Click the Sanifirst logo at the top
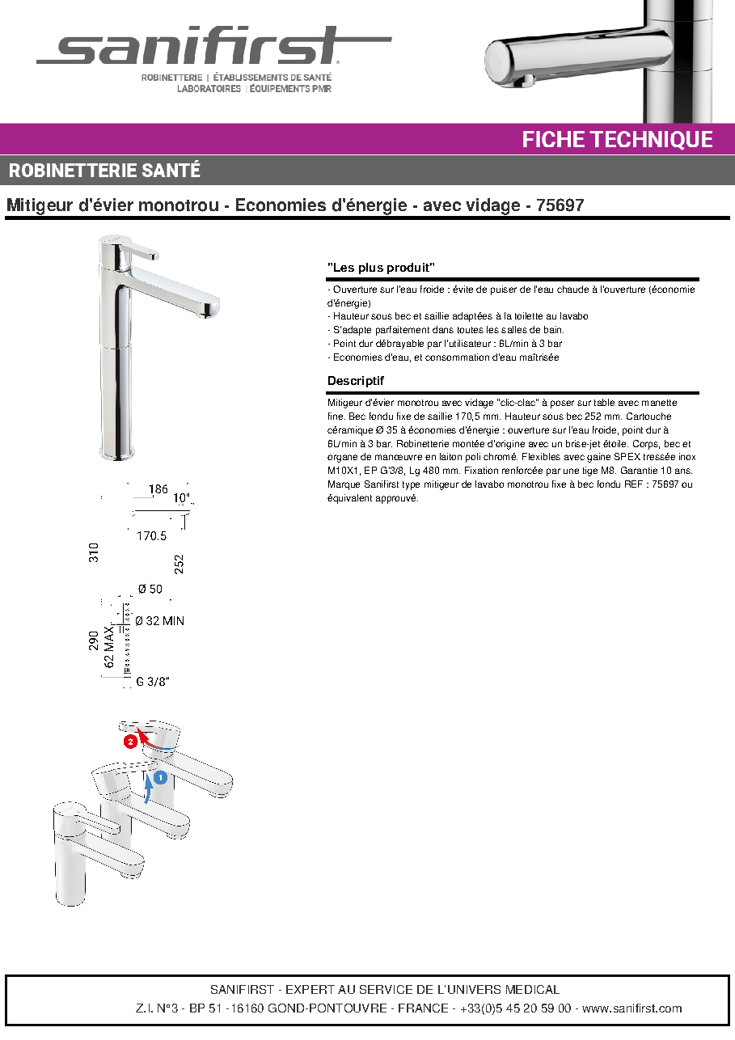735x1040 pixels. click(x=213, y=45)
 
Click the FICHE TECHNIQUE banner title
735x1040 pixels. click(x=617, y=139)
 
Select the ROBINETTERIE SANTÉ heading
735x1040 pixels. click(x=104, y=171)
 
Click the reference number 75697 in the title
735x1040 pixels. click(x=560, y=205)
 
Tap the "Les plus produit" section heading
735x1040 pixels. click(x=381, y=268)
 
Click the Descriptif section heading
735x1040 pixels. click(x=355, y=381)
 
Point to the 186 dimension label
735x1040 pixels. click(x=158, y=489)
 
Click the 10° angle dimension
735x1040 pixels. click(x=182, y=498)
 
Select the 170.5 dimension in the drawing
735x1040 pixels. click(x=151, y=536)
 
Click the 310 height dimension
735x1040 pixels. click(x=94, y=552)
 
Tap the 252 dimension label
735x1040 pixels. click(x=179, y=564)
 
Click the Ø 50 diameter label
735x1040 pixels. click(x=150, y=589)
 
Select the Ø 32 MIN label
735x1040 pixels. click(x=159, y=621)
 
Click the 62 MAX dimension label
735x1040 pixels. click(x=108, y=647)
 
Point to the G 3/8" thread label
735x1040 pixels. click(x=152, y=682)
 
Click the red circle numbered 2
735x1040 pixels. click(x=130, y=742)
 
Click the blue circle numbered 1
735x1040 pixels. click(x=160, y=776)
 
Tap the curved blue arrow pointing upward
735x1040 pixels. click(x=149, y=788)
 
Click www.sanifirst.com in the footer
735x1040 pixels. click(x=632, y=1008)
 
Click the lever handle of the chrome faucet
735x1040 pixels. click(x=139, y=252)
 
